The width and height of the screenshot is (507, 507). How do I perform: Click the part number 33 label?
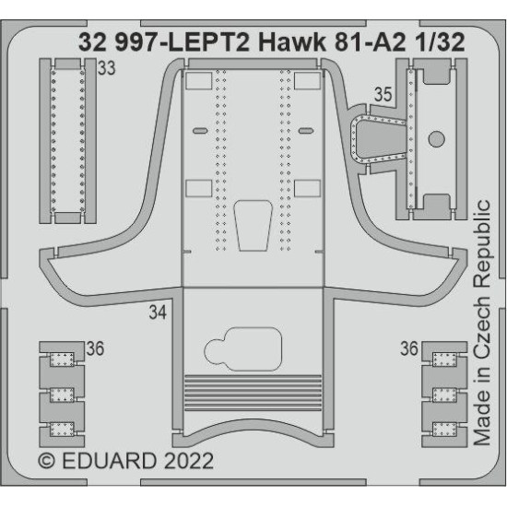(107, 69)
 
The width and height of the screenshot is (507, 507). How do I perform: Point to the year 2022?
(188, 460)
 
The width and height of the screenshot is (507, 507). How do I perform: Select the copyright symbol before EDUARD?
(48, 460)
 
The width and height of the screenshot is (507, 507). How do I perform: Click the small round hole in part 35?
(437, 140)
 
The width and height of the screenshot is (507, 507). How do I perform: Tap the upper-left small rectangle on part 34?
(198, 81)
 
